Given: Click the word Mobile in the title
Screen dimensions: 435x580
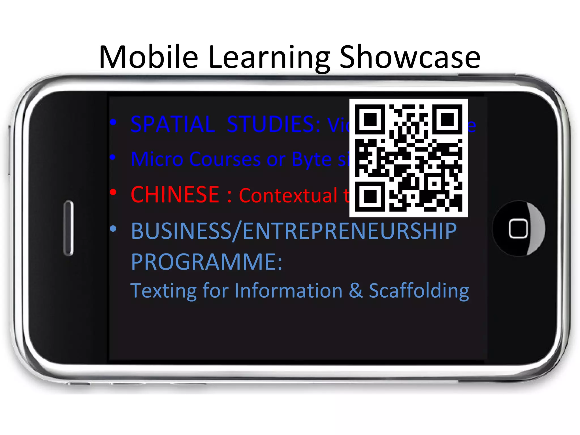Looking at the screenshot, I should tap(148, 57).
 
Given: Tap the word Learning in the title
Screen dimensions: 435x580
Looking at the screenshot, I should tap(270, 57).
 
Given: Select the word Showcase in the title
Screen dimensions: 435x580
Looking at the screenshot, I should tap(410, 57).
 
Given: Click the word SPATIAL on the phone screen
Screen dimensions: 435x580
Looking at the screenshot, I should tap(173, 124).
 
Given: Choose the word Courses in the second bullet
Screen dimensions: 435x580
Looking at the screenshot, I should tap(225, 159).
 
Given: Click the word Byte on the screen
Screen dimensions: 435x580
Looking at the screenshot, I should tap(312, 160).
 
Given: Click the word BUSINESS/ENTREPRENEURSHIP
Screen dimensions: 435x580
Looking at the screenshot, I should tap(294, 231).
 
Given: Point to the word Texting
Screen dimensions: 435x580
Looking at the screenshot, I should tap(163, 291).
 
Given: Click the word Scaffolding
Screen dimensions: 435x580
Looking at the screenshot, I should tap(419, 291).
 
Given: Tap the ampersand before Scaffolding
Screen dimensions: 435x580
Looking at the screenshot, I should tap(356, 291).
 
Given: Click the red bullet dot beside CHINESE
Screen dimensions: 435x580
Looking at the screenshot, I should tap(113, 192).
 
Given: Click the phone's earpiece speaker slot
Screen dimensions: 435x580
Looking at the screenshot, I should tap(69, 228).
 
